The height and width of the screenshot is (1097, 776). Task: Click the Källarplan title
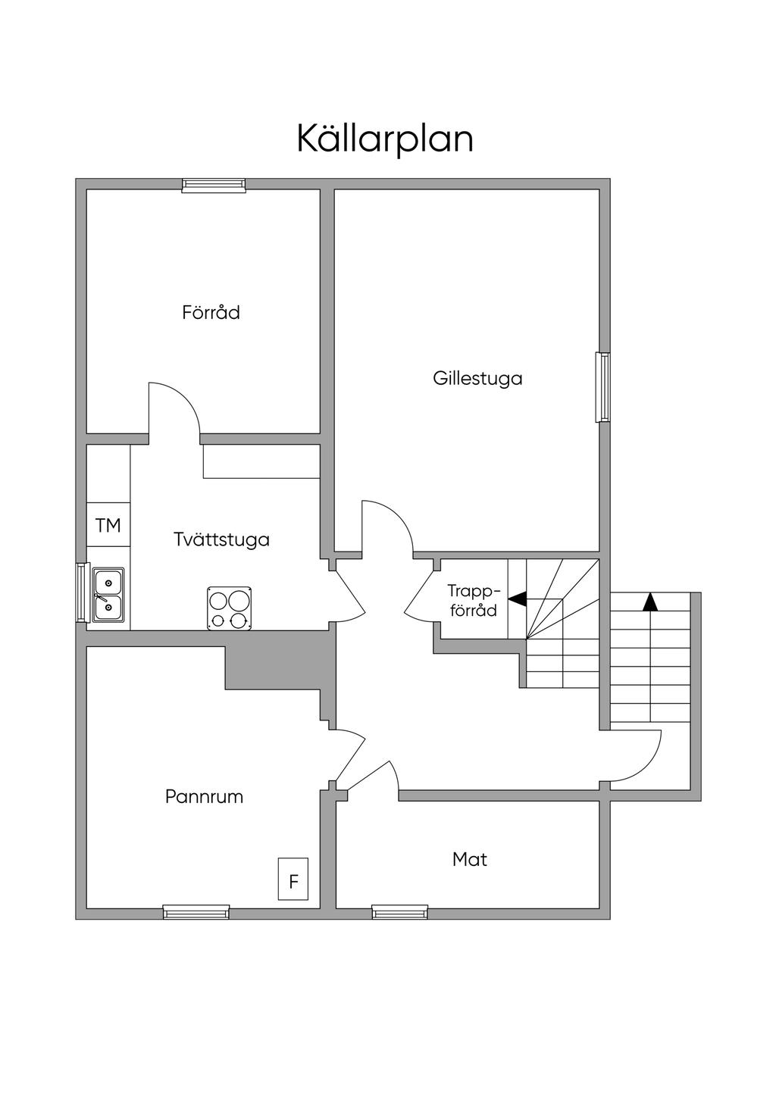point(385,139)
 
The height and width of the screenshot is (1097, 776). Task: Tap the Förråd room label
point(211,312)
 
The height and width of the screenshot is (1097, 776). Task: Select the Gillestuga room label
point(477,378)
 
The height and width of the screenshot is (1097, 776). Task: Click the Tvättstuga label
point(221,539)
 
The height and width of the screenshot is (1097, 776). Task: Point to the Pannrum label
point(204,796)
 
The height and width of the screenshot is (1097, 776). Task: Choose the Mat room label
point(469,859)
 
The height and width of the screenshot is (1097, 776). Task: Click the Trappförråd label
point(473,600)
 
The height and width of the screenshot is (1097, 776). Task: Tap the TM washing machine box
point(108,525)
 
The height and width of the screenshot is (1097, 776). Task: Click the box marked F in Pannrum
point(293,880)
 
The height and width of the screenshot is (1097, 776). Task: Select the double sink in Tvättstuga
point(108,595)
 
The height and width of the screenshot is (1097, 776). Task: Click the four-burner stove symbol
point(230,608)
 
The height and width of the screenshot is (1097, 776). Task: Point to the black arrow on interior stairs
point(517,599)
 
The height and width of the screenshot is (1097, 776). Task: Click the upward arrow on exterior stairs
point(650,602)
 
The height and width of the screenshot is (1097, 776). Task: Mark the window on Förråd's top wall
point(214,185)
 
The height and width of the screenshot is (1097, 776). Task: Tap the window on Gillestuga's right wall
point(603,387)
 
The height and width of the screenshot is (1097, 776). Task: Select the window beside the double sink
point(82,592)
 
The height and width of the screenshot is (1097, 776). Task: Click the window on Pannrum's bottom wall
point(196,913)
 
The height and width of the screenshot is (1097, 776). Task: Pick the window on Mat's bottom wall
point(399,913)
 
